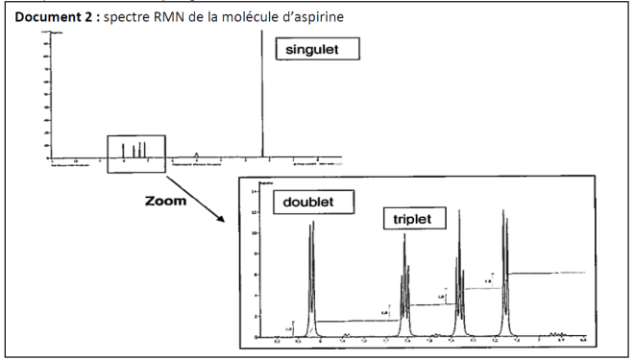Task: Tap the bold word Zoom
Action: coord(165,202)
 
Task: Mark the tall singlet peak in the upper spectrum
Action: coord(262,96)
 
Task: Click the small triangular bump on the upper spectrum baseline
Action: coord(197,155)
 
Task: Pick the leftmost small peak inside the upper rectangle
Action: coord(124,150)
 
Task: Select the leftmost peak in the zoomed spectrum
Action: coord(311,278)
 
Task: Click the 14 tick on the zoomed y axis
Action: coord(255,193)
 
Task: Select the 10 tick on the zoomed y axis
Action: coord(255,233)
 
